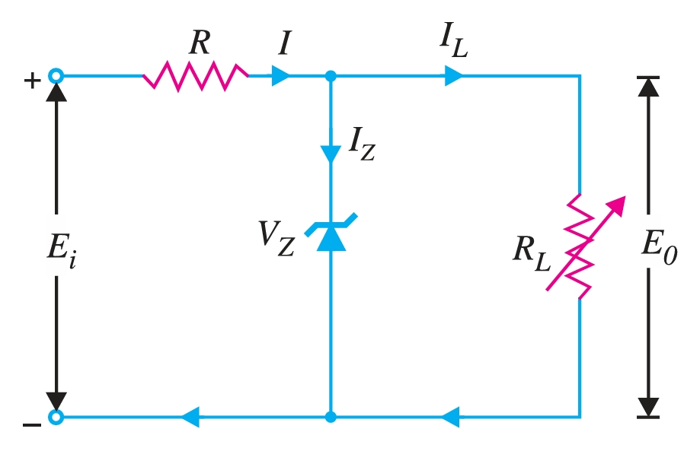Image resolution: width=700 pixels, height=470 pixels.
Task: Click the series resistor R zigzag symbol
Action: tap(196, 75)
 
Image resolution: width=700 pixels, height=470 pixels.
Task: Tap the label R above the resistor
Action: tap(200, 43)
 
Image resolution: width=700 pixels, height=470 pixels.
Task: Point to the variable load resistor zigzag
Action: tap(580, 245)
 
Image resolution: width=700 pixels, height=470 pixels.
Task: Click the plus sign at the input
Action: tap(31, 81)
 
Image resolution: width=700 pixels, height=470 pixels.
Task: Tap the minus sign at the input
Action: tap(31, 425)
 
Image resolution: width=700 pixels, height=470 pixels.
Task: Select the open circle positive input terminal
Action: tap(56, 75)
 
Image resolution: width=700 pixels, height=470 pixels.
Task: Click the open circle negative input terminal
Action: tap(56, 417)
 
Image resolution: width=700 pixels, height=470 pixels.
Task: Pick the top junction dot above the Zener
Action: tap(330, 75)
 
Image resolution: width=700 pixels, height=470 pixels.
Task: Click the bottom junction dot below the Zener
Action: tap(330, 417)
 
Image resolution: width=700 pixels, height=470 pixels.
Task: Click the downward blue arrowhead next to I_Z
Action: tap(330, 153)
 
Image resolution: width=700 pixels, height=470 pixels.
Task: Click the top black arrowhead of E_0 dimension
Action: tap(647, 86)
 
